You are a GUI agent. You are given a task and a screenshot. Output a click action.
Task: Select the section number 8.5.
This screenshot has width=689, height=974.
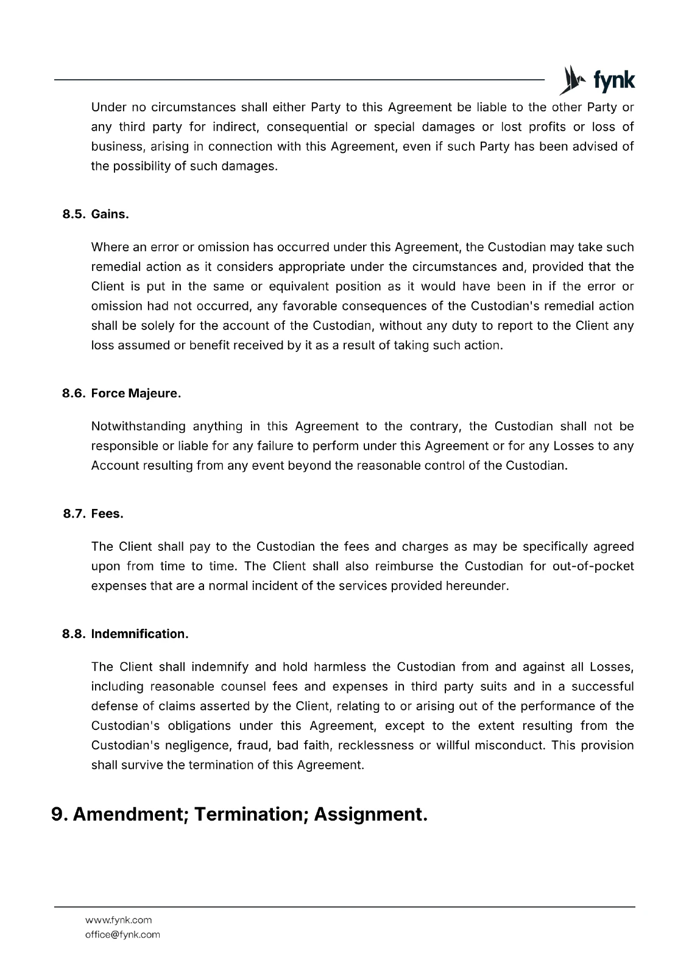click(74, 214)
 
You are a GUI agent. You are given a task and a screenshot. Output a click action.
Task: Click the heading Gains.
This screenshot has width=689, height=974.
click(110, 214)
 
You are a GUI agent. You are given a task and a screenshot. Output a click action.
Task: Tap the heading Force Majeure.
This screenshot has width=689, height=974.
click(136, 393)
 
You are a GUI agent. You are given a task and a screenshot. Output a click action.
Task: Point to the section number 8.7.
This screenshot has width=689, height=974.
click(75, 514)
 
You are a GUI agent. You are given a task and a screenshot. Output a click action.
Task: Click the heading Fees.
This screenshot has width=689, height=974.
click(107, 514)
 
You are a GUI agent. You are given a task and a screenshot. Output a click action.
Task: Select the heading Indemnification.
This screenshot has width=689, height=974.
click(140, 634)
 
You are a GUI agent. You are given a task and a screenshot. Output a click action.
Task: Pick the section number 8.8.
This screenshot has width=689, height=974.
click(74, 634)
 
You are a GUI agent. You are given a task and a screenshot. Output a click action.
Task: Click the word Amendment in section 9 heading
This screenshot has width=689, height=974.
click(130, 815)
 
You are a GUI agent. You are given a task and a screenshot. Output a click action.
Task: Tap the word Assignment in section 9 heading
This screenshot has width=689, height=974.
click(370, 815)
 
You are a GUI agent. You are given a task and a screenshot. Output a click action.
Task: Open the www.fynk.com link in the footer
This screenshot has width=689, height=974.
click(118, 920)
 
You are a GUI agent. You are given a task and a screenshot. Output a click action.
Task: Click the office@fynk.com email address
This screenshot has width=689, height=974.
click(122, 934)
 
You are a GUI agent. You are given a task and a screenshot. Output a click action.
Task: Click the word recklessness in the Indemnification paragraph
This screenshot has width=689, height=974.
click(375, 745)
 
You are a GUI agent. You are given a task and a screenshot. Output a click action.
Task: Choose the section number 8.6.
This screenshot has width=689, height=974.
click(74, 393)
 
